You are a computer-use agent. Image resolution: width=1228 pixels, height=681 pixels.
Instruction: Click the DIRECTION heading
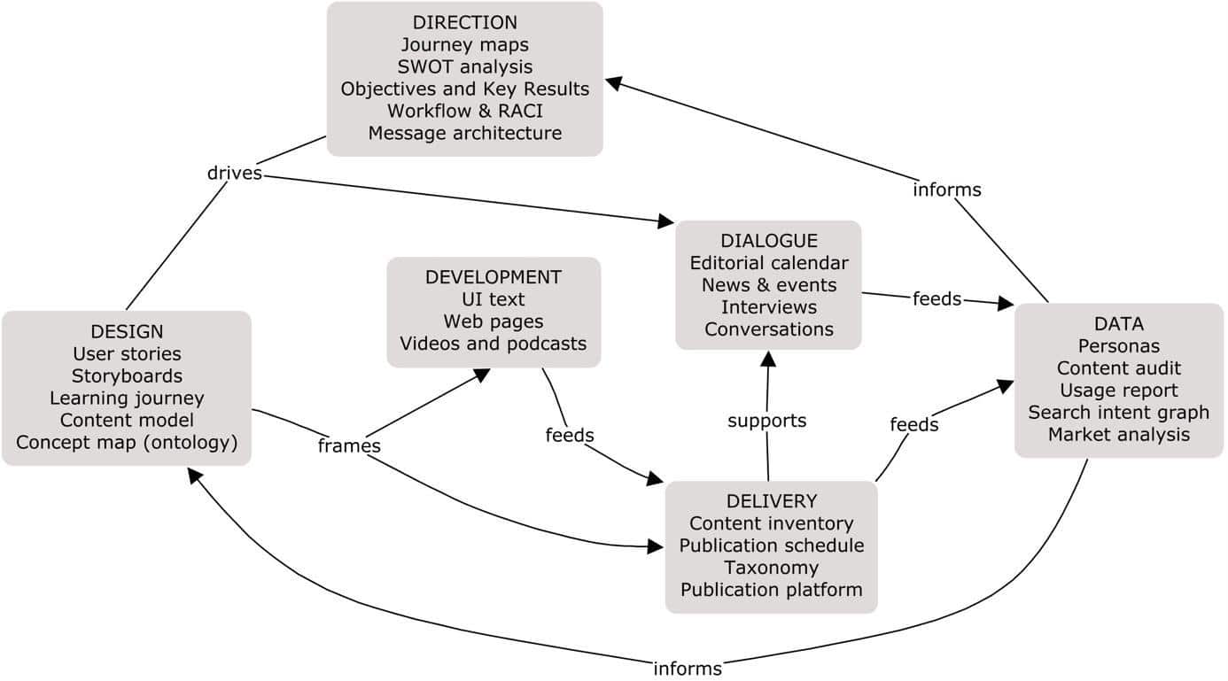[464, 22]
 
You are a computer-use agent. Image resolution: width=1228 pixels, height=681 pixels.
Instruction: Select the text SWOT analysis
[464, 66]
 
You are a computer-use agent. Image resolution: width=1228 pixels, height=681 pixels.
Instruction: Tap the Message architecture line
[464, 133]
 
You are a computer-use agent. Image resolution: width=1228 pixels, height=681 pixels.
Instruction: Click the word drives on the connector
[235, 173]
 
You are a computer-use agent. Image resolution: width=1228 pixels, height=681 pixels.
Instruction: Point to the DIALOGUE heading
[768, 241]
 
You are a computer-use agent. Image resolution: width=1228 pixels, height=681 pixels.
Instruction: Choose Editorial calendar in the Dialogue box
[768, 263]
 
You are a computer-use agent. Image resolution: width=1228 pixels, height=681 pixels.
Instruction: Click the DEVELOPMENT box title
[494, 277]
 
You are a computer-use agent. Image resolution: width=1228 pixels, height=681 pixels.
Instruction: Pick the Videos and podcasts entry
[494, 343]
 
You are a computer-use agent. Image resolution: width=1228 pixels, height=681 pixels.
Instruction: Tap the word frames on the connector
[349, 446]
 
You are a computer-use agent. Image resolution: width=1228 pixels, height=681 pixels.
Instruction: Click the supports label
[767, 421]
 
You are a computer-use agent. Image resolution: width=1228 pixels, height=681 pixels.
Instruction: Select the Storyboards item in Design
[127, 376]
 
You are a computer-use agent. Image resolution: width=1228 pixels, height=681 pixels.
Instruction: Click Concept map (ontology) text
[127, 443]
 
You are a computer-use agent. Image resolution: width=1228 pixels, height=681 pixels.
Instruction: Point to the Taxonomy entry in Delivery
[771, 568]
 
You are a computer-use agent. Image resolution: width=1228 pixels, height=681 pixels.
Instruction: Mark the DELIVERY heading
[771, 501]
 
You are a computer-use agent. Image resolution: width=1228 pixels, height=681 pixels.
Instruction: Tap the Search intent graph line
[1118, 412]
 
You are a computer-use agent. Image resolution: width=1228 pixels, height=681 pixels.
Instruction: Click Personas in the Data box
[1118, 345]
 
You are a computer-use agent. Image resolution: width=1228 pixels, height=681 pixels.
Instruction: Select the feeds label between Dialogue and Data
[937, 299]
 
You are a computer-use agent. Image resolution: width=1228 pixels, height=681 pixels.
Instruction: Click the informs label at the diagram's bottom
[688, 669]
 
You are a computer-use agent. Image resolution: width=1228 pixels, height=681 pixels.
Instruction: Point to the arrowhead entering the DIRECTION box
[613, 82]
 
